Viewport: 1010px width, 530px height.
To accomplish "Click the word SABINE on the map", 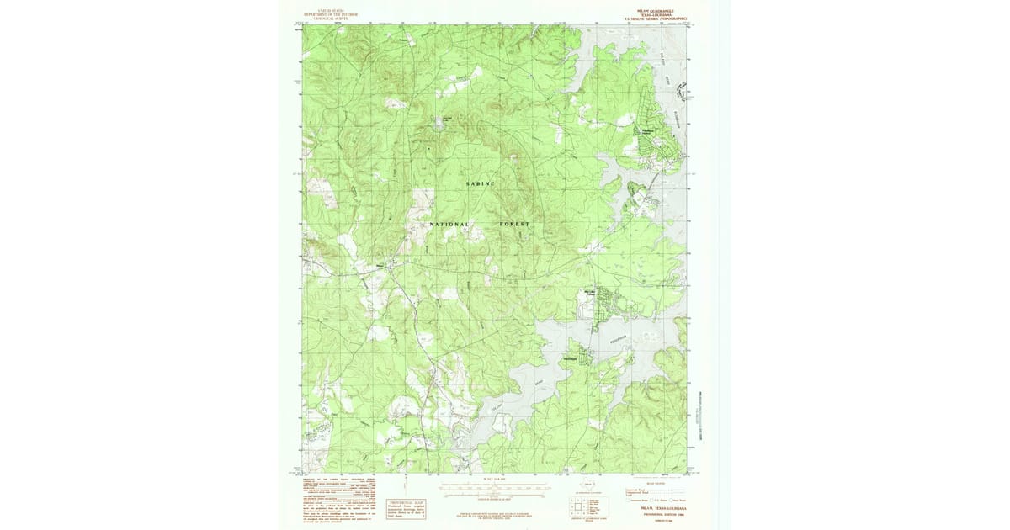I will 481,183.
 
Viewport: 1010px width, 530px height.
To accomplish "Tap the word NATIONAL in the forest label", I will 449,225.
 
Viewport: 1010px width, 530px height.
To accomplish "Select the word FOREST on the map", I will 514,225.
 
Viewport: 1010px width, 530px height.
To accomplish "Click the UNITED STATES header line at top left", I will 331,10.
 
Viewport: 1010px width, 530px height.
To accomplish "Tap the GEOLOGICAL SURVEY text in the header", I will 331,19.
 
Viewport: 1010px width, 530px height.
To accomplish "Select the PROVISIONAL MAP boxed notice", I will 406,506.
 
